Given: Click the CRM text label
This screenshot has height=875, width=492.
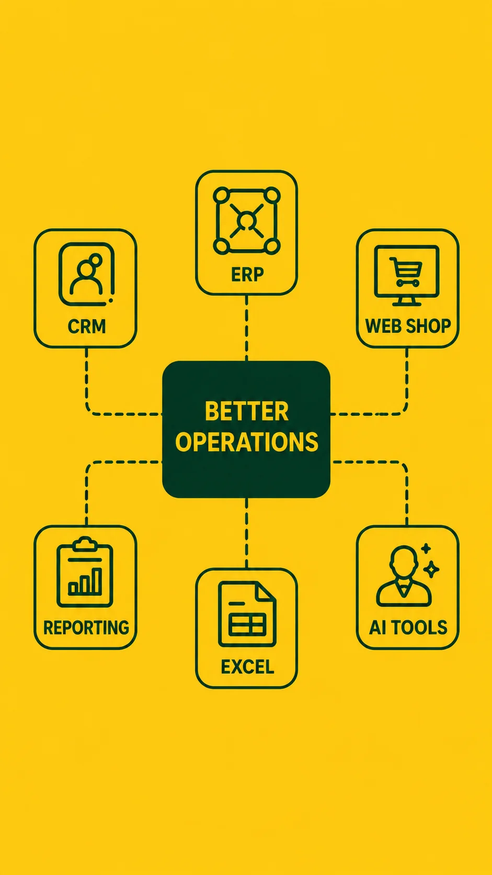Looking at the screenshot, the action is point(87,326).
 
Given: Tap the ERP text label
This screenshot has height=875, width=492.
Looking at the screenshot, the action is point(247,274).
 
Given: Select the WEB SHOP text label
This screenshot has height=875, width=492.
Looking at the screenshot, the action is point(408,326).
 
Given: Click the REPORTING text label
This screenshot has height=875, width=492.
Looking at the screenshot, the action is point(86,627).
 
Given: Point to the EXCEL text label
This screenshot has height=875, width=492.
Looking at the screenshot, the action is point(247,667).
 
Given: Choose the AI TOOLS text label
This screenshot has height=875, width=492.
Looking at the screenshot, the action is point(408,627).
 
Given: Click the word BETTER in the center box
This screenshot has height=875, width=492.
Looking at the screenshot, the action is point(247,411).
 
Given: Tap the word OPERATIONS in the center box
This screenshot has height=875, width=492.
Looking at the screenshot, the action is point(247,442).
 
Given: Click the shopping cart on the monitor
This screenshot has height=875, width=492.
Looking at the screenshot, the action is point(406,272).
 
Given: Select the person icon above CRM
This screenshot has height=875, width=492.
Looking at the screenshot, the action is point(86,274).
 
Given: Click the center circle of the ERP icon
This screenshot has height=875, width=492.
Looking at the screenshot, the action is point(247,220).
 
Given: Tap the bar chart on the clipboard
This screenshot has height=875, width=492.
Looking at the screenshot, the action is point(85,581).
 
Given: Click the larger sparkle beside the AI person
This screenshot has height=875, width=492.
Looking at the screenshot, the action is point(431,569).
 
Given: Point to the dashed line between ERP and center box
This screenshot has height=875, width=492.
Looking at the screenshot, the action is point(247,328).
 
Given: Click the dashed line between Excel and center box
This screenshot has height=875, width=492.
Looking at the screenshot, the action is point(247,533).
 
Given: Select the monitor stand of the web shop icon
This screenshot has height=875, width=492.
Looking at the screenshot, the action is point(406,301).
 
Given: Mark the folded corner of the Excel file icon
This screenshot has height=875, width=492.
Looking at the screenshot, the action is point(266,591).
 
